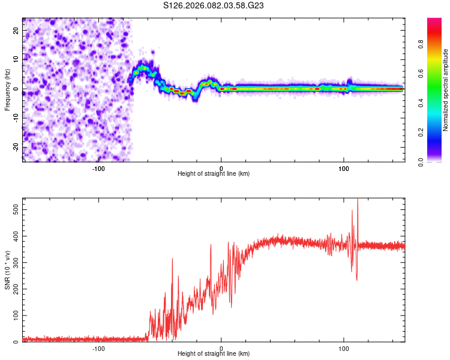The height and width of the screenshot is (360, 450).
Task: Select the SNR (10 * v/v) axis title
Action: pos(7,270)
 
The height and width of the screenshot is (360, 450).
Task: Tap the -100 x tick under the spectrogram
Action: pos(98,167)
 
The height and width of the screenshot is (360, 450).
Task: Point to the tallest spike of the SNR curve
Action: pos(358,200)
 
